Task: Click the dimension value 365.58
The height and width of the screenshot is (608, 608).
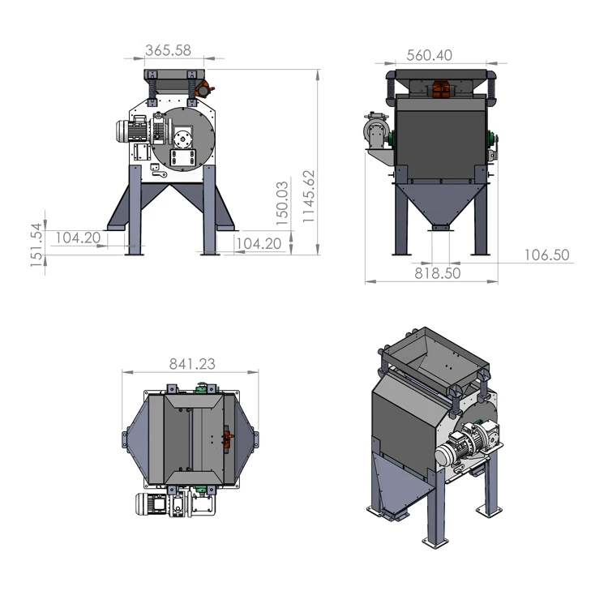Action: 168,50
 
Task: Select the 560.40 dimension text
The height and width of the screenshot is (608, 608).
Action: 429,55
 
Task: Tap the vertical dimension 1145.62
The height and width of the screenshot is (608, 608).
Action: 309,196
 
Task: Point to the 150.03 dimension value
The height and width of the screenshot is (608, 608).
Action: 282,203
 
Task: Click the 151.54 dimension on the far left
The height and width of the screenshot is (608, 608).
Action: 36,245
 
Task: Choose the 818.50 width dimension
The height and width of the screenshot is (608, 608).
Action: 438,273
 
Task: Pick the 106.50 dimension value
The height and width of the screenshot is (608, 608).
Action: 546,255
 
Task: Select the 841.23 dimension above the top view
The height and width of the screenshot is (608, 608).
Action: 192,364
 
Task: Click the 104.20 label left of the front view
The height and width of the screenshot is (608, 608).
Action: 78,238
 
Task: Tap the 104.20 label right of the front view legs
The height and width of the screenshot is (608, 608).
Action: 259,243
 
